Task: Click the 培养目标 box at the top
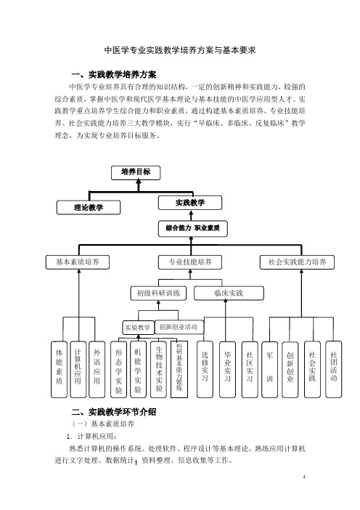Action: (x=136, y=173)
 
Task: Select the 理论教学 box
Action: (x=89, y=208)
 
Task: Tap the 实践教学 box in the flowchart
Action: (x=190, y=203)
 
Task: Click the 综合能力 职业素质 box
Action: (x=192, y=229)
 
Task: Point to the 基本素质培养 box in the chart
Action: (x=78, y=262)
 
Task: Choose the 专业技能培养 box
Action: (x=190, y=262)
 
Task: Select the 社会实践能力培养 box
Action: (x=297, y=262)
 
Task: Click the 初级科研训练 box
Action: (x=158, y=294)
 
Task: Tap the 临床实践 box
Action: (x=229, y=294)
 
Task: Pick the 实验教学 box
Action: (x=138, y=328)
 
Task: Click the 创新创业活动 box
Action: (x=179, y=327)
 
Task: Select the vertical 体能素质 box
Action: (x=59, y=370)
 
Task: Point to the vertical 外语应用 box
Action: (x=97, y=370)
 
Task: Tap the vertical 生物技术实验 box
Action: (x=158, y=370)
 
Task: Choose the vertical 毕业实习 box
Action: (x=227, y=370)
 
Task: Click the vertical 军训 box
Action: (x=270, y=370)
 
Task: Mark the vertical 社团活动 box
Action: (x=334, y=370)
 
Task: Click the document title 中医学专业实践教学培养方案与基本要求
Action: (x=180, y=50)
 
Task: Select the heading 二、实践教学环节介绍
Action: (x=114, y=412)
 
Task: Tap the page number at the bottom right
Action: (x=304, y=477)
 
